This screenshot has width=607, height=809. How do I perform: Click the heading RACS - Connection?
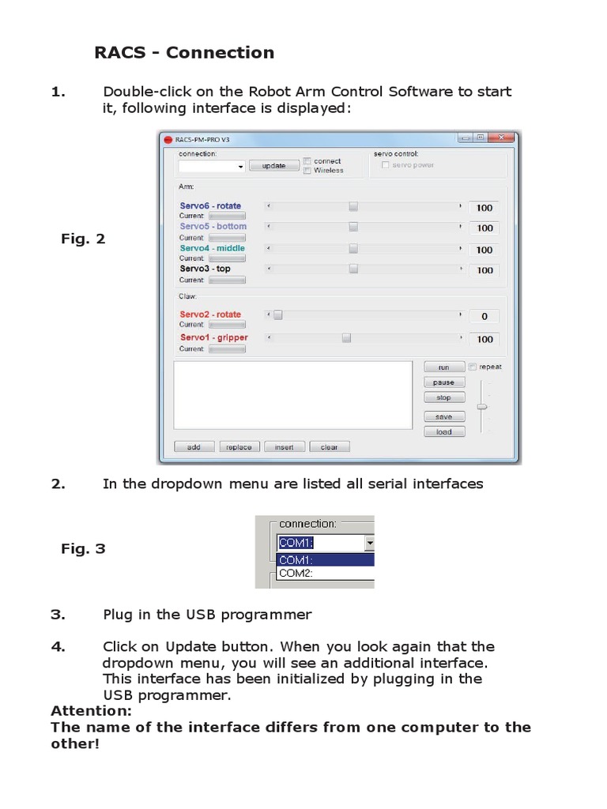tap(184, 53)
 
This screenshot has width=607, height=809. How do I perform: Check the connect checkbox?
tap(308, 161)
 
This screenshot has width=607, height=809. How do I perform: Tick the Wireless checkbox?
tap(308, 171)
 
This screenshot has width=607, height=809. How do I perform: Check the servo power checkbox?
tap(385, 165)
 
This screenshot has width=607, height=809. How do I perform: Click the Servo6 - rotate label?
tap(210, 206)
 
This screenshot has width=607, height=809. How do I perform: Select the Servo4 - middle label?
tap(213, 248)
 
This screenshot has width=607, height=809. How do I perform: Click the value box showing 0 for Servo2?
tap(484, 316)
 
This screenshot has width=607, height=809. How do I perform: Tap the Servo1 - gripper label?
tap(213, 338)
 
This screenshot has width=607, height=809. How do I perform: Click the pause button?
tap(444, 382)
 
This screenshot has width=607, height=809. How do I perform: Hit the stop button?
tap(444, 398)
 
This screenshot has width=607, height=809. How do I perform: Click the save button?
tap(444, 416)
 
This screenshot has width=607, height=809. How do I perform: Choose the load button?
tap(444, 432)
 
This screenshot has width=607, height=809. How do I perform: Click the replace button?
tap(239, 447)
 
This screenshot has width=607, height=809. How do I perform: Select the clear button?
tap(330, 447)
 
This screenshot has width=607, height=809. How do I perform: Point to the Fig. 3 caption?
tap(83, 549)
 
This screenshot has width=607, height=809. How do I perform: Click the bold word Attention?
tap(91, 711)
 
